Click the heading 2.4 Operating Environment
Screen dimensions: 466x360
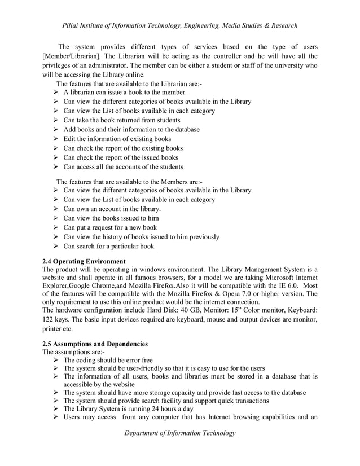click(x=84, y=261)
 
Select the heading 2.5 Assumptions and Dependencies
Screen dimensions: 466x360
click(x=95, y=344)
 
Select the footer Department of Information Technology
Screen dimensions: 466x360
click(x=180, y=433)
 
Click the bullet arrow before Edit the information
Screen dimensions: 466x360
click(x=55, y=139)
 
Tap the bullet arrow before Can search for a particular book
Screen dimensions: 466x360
click(x=55, y=246)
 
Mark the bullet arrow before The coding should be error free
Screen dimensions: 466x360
click(x=55, y=360)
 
